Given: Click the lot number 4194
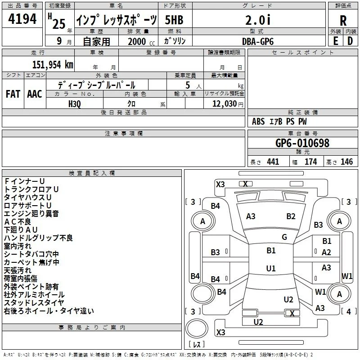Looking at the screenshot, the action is tap(22, 19).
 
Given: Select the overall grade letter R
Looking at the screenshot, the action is tap(343, 21).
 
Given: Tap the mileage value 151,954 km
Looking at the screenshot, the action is tap(53, 64).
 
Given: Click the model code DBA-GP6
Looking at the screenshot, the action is tap(258, 41).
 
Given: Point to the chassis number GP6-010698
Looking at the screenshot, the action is tap(302, 143).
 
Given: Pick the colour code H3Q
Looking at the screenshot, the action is tap(75, 104).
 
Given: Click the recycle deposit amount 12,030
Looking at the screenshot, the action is tap(224, 103).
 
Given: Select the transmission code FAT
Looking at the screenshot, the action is tap(13, 94).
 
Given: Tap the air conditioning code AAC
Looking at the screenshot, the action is tap(35, 94).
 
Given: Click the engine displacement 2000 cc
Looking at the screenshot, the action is tap(141, 41).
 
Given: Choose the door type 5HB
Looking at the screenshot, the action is tap(174, 20).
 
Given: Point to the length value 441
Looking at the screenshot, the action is tap(273, 162).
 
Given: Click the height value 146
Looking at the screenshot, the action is tap(346, 162).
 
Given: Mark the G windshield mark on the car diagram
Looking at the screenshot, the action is tap(284, 237).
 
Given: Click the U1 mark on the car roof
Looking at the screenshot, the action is tap(271, 268).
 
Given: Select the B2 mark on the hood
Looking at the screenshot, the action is tap(291, 216).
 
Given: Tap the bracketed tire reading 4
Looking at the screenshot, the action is tap(348, 311).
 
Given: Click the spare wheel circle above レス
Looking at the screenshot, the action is tap(197, 328).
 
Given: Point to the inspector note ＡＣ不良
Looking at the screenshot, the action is tap(18, 221).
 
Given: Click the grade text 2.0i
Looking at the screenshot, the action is tap(258, 20).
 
